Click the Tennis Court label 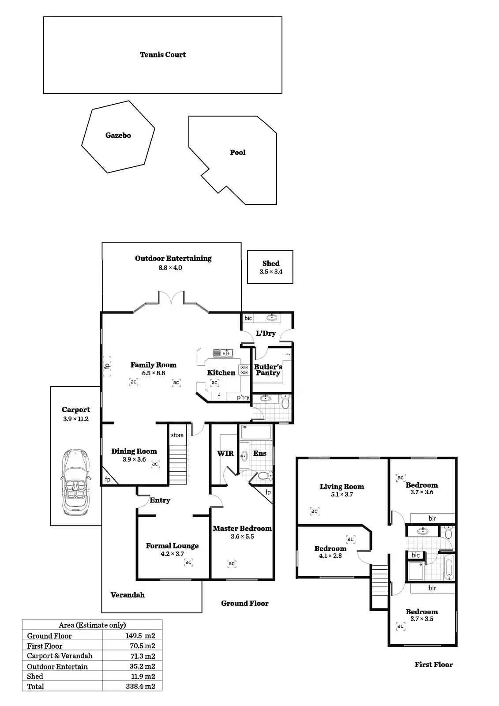coord(163,55)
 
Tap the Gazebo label coord(118,135)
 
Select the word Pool coord(238,153)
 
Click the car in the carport coord(76,482)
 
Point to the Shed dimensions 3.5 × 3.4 coord(271,272)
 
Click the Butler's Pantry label coord(268,370)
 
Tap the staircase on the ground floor coord(178,465)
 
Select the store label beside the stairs coord(177,435)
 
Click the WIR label coord(225,453)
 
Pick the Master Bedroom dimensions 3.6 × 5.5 coord(242,537)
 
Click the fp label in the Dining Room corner coord(108,479)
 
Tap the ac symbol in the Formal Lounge coord(188,562)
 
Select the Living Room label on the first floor coord(342,487)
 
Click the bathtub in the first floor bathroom coord(449,567)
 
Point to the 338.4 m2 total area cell coord(140,687)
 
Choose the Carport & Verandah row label coord(60,656)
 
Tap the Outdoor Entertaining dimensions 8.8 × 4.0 coord(170,268)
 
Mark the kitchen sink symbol coord(223,353)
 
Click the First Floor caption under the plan coord(434,665)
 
